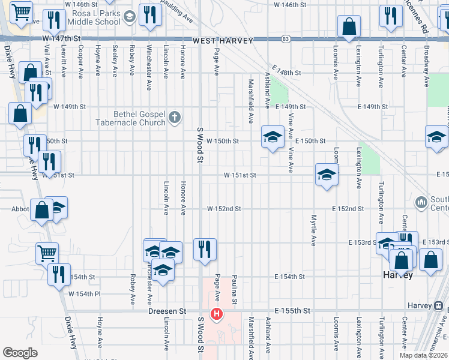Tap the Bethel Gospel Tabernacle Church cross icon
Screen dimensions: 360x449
pos(175,116)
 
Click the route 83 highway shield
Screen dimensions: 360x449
pos(286,39)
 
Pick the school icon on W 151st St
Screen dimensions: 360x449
pos(326,174)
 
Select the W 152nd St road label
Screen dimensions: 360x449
pos(224,209)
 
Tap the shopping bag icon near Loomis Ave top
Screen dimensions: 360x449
pos(349,26)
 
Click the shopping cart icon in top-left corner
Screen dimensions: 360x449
pos(22,11)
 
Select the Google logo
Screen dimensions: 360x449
pos(20,353)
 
